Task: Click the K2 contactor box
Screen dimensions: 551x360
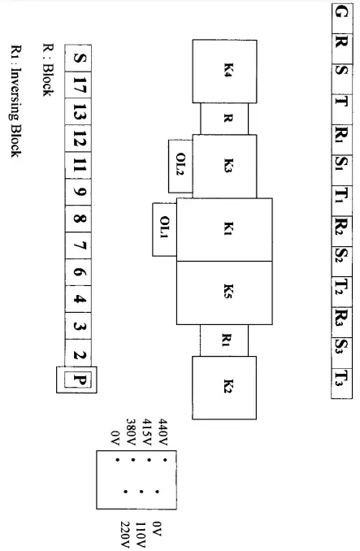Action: coord(223,382)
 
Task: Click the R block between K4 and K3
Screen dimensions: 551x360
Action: coord(228,118)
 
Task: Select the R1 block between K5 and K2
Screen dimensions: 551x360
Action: coord(228,340)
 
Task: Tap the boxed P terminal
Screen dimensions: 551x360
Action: coord(79,380)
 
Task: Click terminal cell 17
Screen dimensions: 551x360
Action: coord(79,85)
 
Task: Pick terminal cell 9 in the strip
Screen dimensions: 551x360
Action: coord(79,193)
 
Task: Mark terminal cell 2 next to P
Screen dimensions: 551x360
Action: coord(79,354)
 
